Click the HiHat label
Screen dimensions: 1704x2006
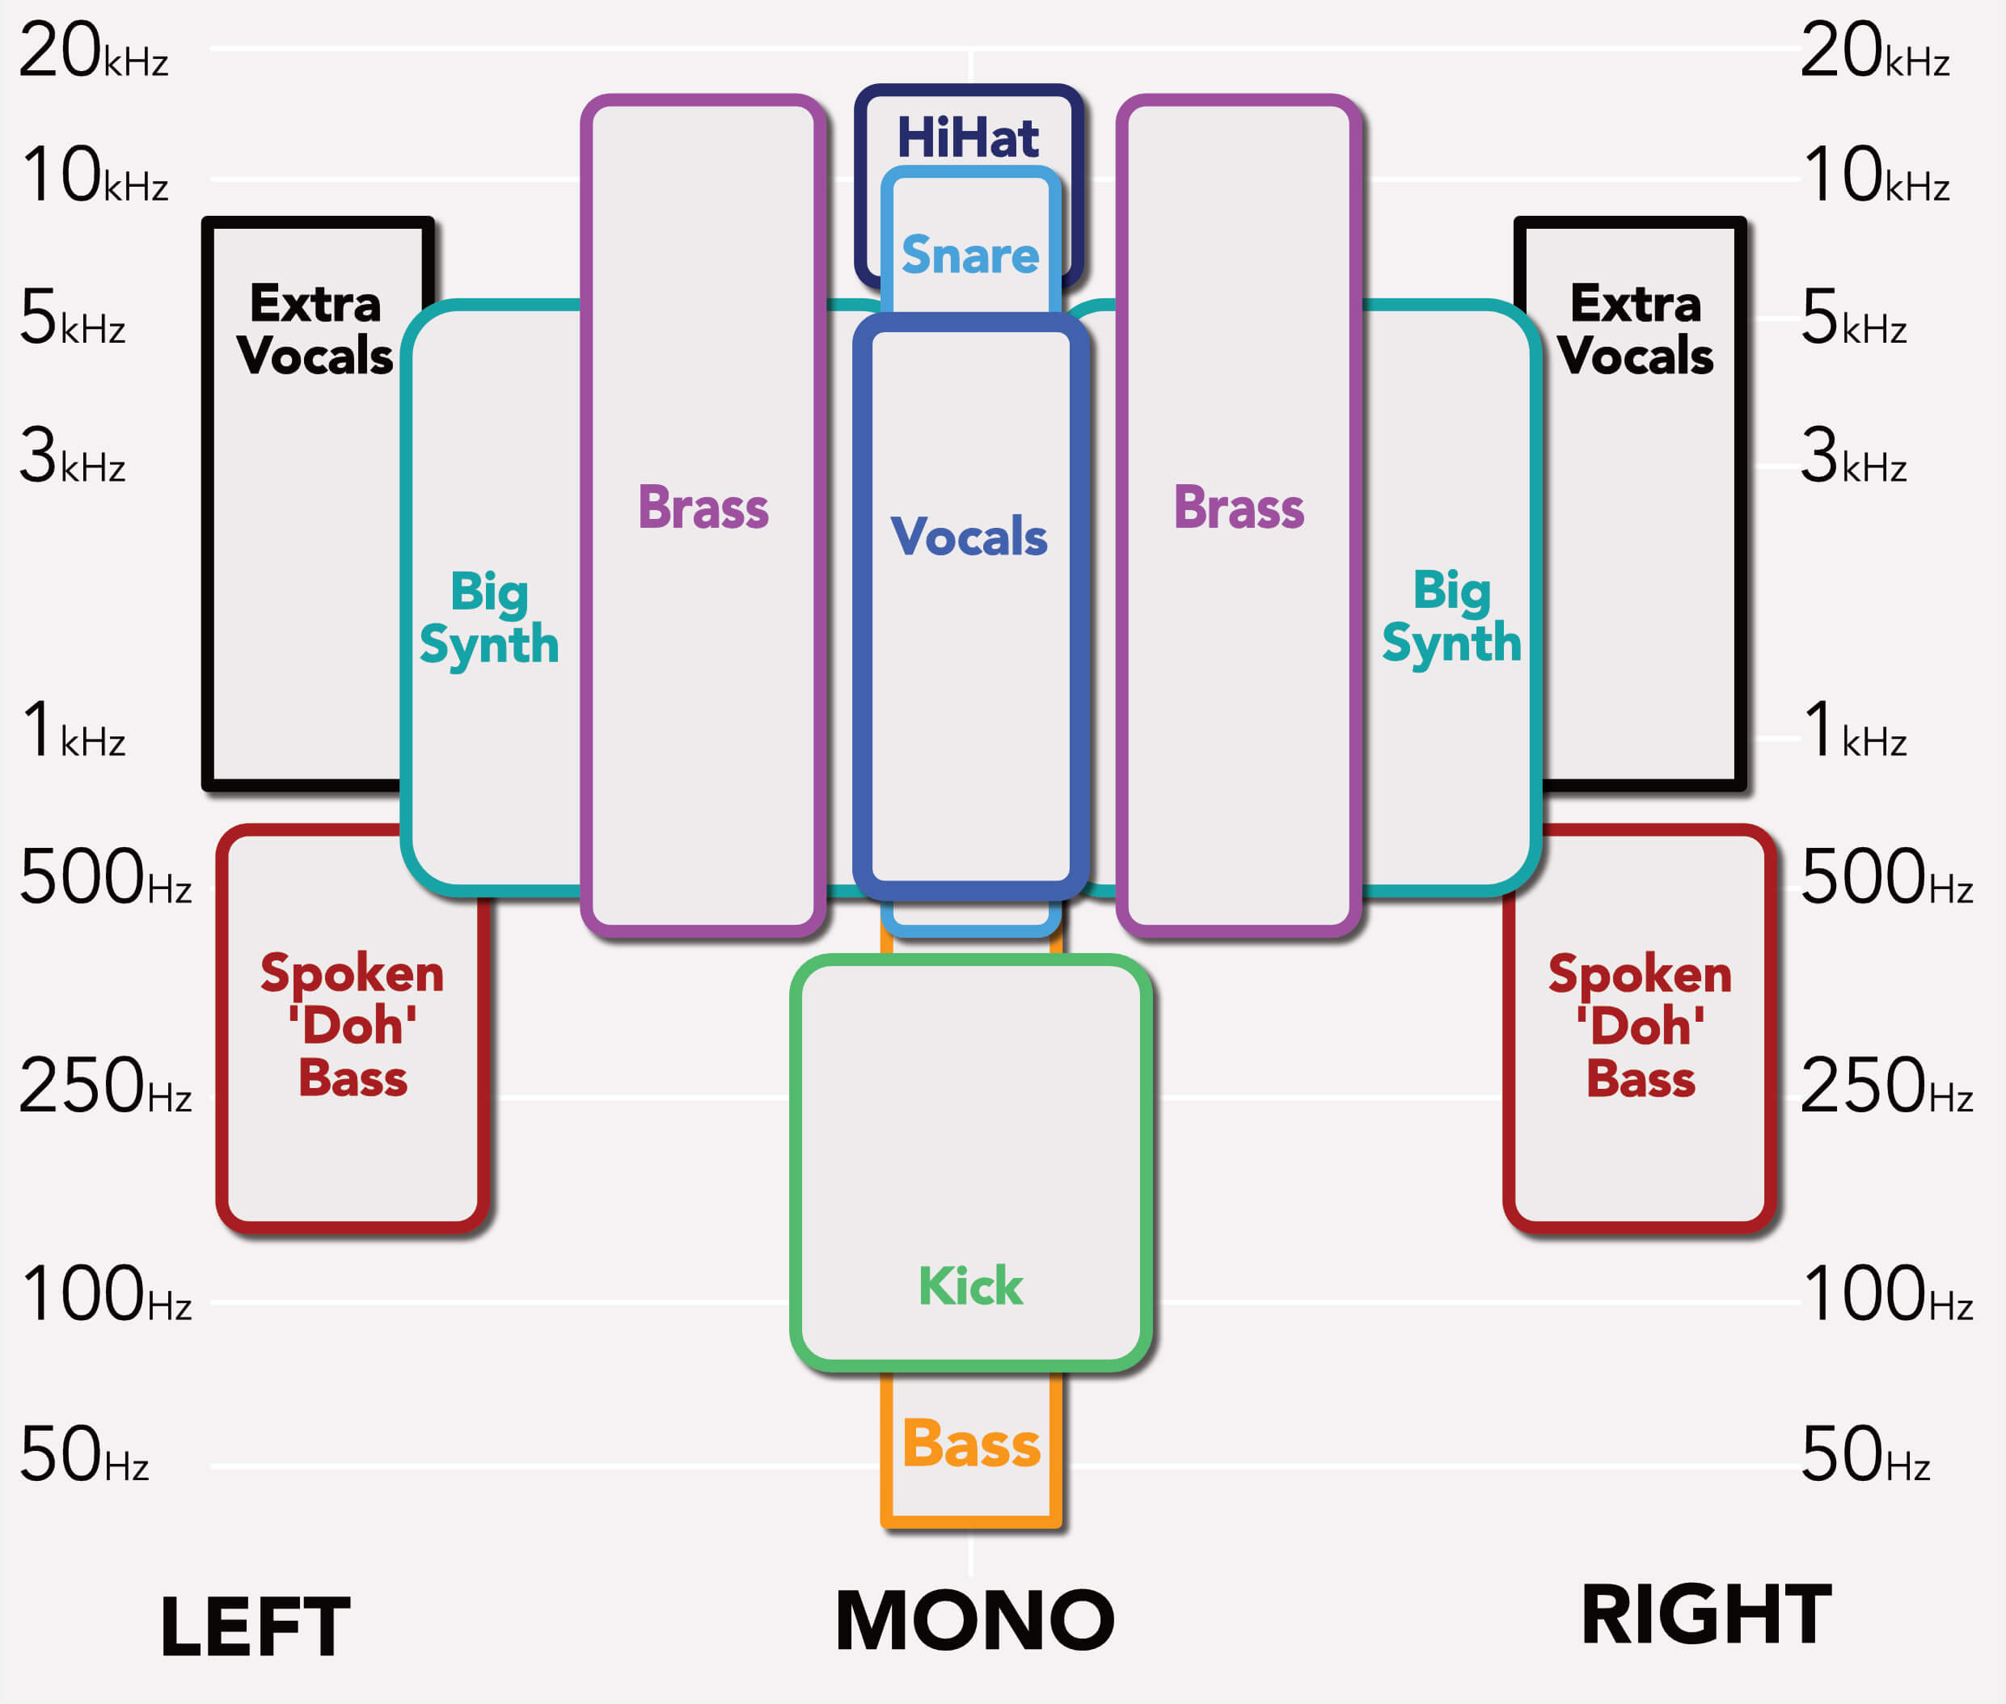pyautogui.click(x=967, y=137)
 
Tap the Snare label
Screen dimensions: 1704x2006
pyautogui.click(x=970, y=255)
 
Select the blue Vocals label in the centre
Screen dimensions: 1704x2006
pyautogui.click(x=968, y=536)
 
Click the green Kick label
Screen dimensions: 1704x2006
pyautogui.click(x=970, y=1286)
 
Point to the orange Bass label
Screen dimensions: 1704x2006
pyautogui.click(x=971, y=1445)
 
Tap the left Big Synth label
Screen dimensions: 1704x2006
pyautogui.click(x=489, y=618)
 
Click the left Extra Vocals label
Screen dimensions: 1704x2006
pyautogui.click(x=315, y=329)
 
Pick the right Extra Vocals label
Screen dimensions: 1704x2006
pyautogui.click(x=1635, y=329)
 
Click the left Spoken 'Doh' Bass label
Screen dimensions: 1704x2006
pyautogui.click(x=353, y=1025)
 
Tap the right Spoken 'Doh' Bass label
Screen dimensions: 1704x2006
pyautogui.click(x=1641, y=1026)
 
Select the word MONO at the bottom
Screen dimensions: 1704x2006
pyautogui.click(x=974, y=1621)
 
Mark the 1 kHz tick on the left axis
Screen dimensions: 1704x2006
pyautogui.click(x=74, y=729)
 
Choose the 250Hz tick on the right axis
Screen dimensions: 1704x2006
pyautogui.click(x=1886, y=1086)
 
